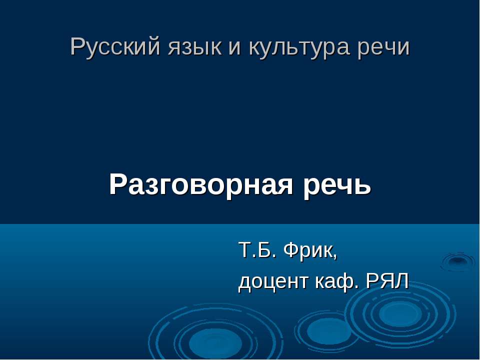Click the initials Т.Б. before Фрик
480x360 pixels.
point(257,249)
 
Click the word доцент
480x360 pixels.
point(274,282)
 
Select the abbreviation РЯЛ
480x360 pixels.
point(387,282)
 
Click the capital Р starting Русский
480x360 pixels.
point(76,47)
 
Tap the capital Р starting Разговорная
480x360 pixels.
point(117,185)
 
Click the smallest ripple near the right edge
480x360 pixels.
point(456,260)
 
